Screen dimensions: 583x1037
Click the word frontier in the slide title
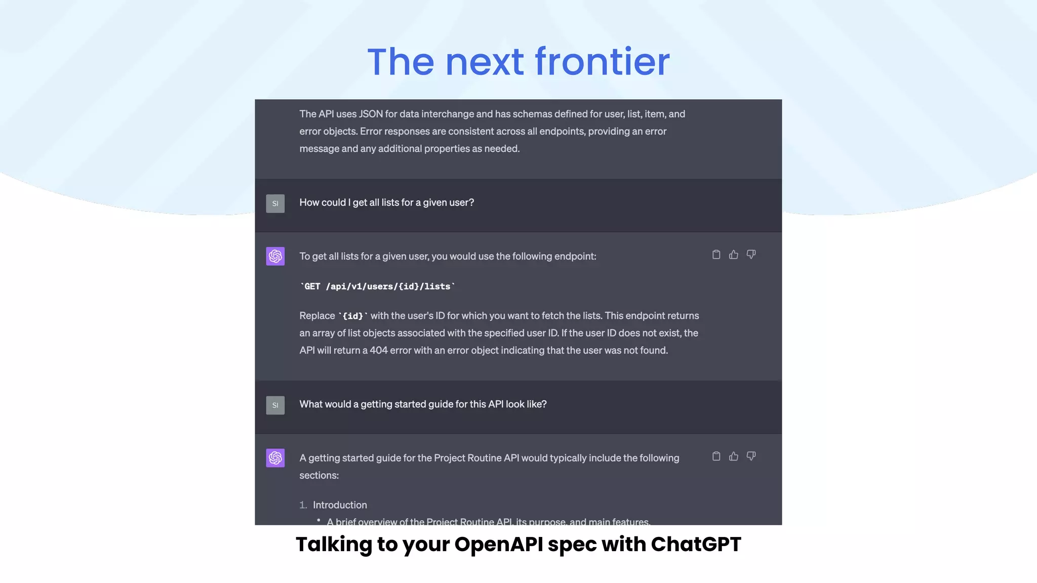point(602,62)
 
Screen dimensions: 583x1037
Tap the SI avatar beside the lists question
point(275,203)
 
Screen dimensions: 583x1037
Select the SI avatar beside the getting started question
point(275,405)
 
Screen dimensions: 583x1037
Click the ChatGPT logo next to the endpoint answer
point(275,256)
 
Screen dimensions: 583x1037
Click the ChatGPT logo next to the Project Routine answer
point(275,458)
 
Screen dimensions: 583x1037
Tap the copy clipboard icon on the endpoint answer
point(716,255)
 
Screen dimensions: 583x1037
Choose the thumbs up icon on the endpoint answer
point(733,255)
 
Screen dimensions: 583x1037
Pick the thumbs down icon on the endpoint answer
point(751,255)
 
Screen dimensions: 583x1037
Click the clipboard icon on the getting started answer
point(716,456)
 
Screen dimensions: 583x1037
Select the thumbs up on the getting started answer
point(733,456)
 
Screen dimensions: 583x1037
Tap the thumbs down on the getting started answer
point(751,456)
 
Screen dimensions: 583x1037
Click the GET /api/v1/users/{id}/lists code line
point(377,286)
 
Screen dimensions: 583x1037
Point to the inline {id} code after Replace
point(353,316)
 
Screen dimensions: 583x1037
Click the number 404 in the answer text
point(378,350)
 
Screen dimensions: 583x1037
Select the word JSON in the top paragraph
point(371,114)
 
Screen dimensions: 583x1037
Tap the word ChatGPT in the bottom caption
point(696,545)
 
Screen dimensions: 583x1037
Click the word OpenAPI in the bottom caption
point(498,545)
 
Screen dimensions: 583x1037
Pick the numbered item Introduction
point(340,505)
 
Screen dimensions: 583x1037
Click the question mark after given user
point(471,202)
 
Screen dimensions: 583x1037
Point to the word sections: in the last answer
point(319,475)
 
